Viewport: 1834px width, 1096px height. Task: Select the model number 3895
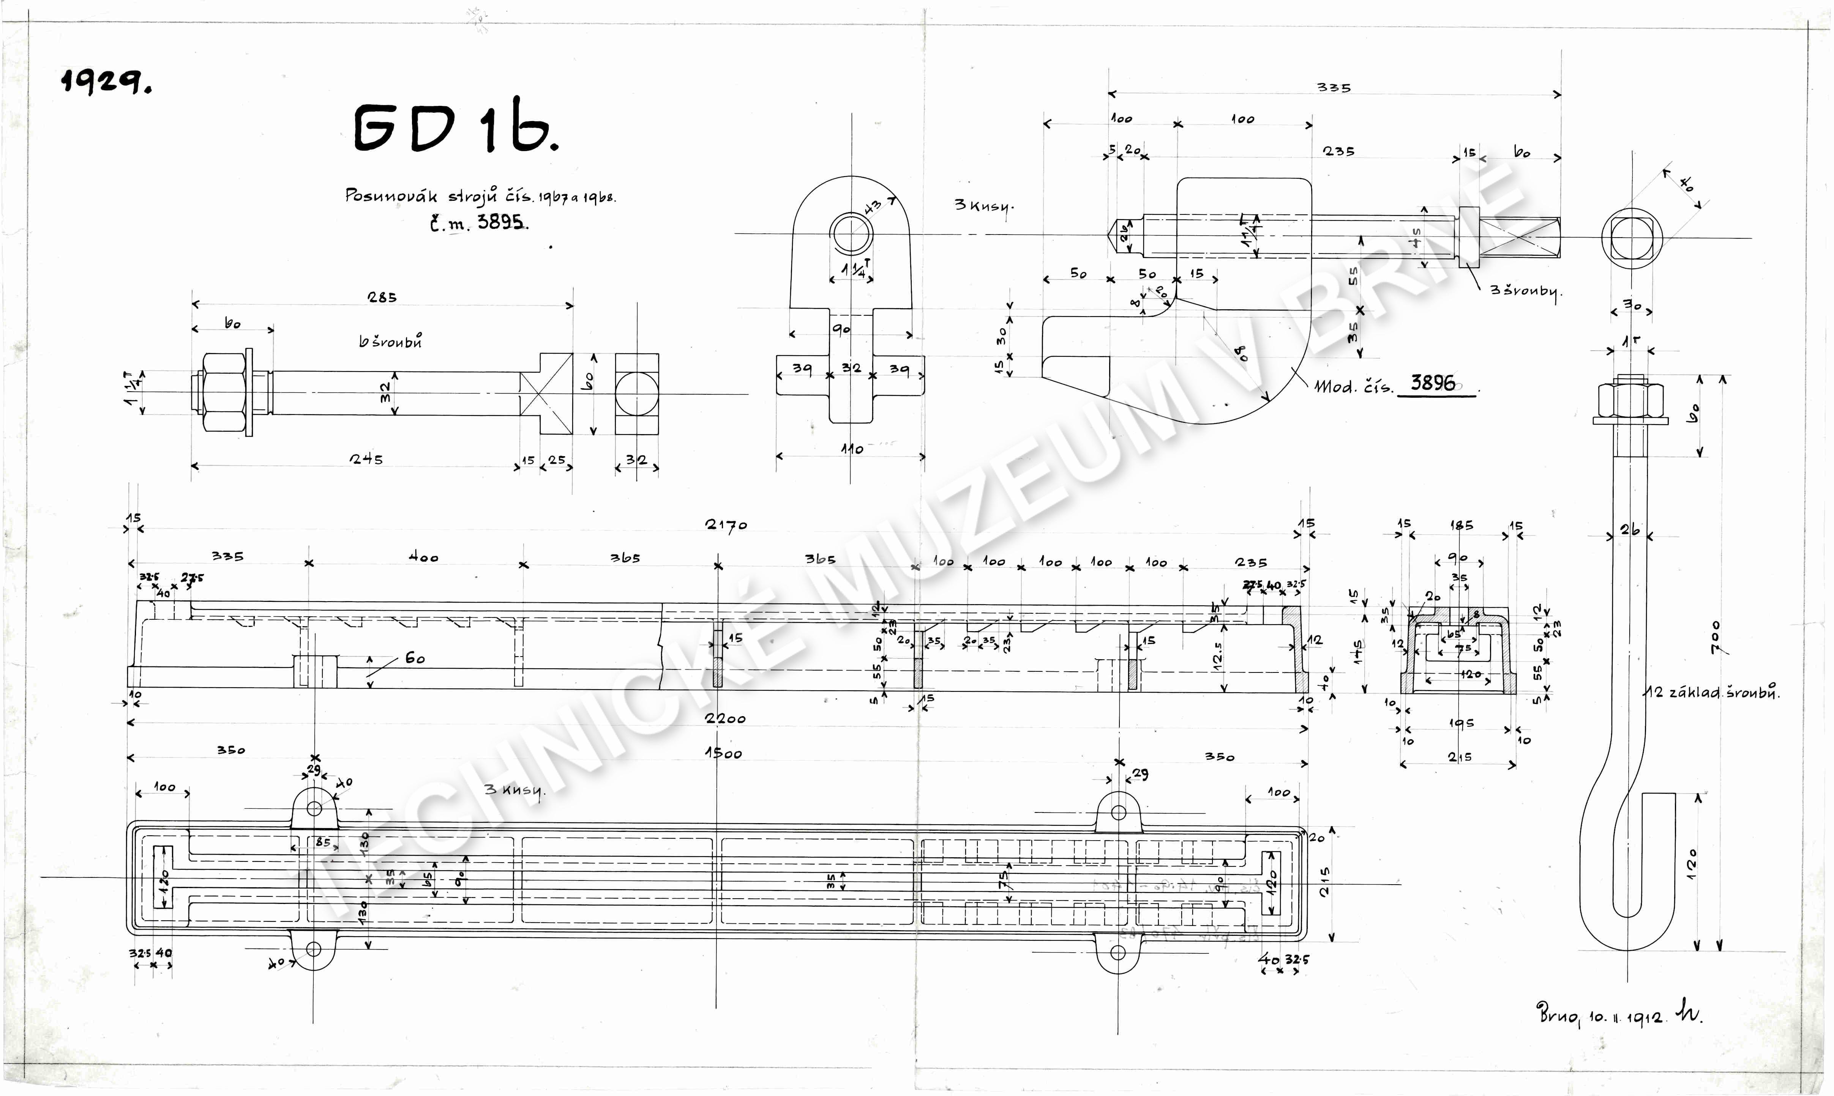[500, 222]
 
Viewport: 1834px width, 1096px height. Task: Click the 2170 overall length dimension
[726, 525]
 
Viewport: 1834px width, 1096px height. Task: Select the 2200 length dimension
[725, 718]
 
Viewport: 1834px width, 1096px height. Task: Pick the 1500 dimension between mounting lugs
[723, 753]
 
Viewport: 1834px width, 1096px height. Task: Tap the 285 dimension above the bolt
[382, 298]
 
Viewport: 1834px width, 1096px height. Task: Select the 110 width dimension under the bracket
[851, 448]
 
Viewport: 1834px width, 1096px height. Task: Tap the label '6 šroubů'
[390, 341]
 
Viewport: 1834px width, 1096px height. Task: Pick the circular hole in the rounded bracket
[851, 233]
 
